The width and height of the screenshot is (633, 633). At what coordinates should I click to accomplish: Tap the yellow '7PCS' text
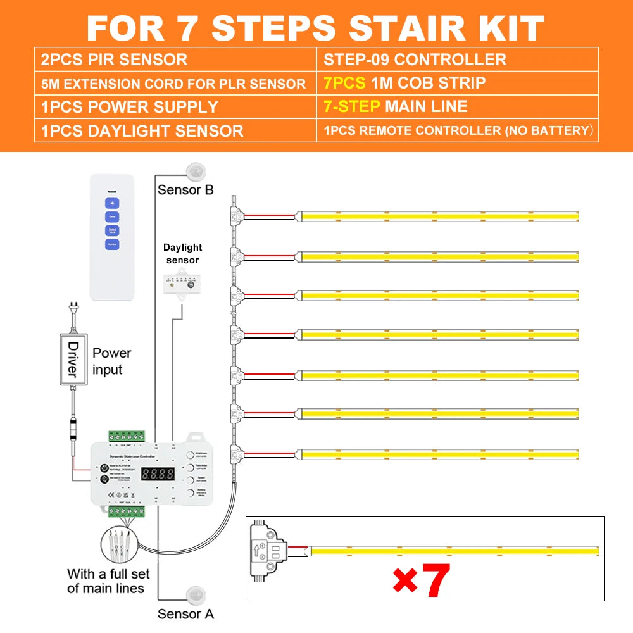(344, 83)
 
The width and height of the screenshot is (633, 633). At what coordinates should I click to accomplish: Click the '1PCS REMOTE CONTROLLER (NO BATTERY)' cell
(457, 131)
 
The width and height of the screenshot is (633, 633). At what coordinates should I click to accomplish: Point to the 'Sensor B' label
(185, 189)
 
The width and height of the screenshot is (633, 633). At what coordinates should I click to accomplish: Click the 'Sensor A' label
(185, 613)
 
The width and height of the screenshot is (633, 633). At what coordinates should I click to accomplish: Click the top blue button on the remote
(112, 204)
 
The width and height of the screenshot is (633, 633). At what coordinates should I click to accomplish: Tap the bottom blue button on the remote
(112, 244)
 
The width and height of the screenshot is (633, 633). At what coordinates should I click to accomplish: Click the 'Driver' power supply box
(72, 360)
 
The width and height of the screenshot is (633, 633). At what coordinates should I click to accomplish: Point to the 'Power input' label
(111, 361)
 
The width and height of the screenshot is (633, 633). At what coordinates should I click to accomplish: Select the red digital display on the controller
(158, 473)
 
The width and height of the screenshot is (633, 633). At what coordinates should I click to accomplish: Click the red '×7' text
(421, 580)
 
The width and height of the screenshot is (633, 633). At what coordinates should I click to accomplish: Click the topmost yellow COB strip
(439, 216)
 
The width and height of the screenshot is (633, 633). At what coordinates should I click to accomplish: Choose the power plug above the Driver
(73, 311)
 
